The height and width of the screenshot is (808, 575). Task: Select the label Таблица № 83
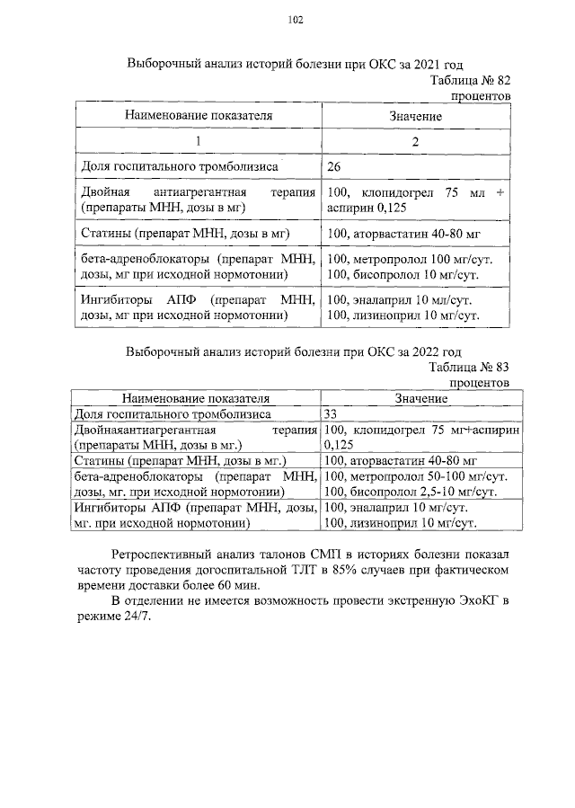click(469, 367)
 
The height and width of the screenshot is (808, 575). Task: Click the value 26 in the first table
click(335, 167)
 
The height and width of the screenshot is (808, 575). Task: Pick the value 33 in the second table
click(331, 414)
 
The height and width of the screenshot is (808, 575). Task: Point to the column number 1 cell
click(199, 141)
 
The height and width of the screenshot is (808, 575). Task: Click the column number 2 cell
click(415, 141)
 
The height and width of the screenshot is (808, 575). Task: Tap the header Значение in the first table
click(415, 116)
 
